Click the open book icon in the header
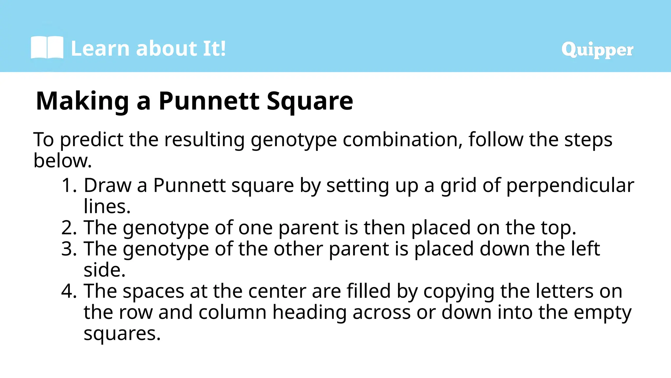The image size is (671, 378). pyautogui.click(x=47, y=48)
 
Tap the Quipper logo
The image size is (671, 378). pyautogui.click(x=597, y=50)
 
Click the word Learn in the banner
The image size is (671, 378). pyautogui.click(x=100, y=49)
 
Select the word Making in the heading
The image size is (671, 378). pyautogui.click(x=83, y=101)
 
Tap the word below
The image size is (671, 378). pyautogui.click(x=62, y=161)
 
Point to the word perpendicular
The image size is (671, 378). pyautogui.click(x=570, y=186)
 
